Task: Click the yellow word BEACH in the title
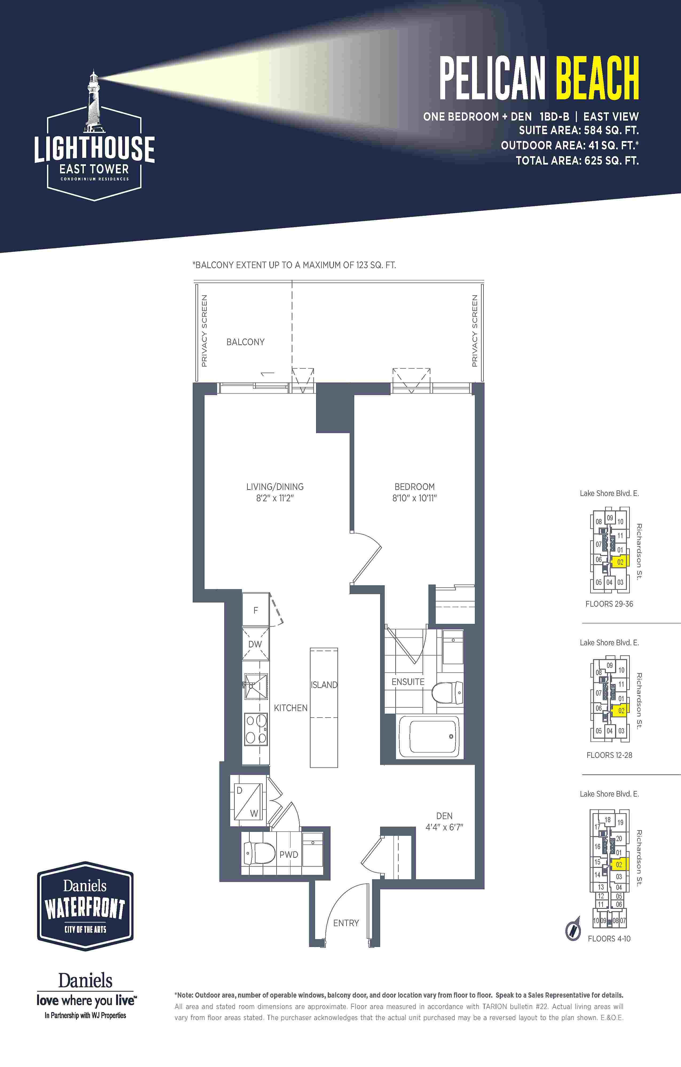pos(597,78)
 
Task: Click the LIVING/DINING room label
pos(275,487)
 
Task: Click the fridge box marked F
pos(256,610)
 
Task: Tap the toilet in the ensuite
pos(447,692)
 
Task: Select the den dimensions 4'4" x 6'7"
pos(444,827)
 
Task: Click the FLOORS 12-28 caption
pos(609,755)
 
